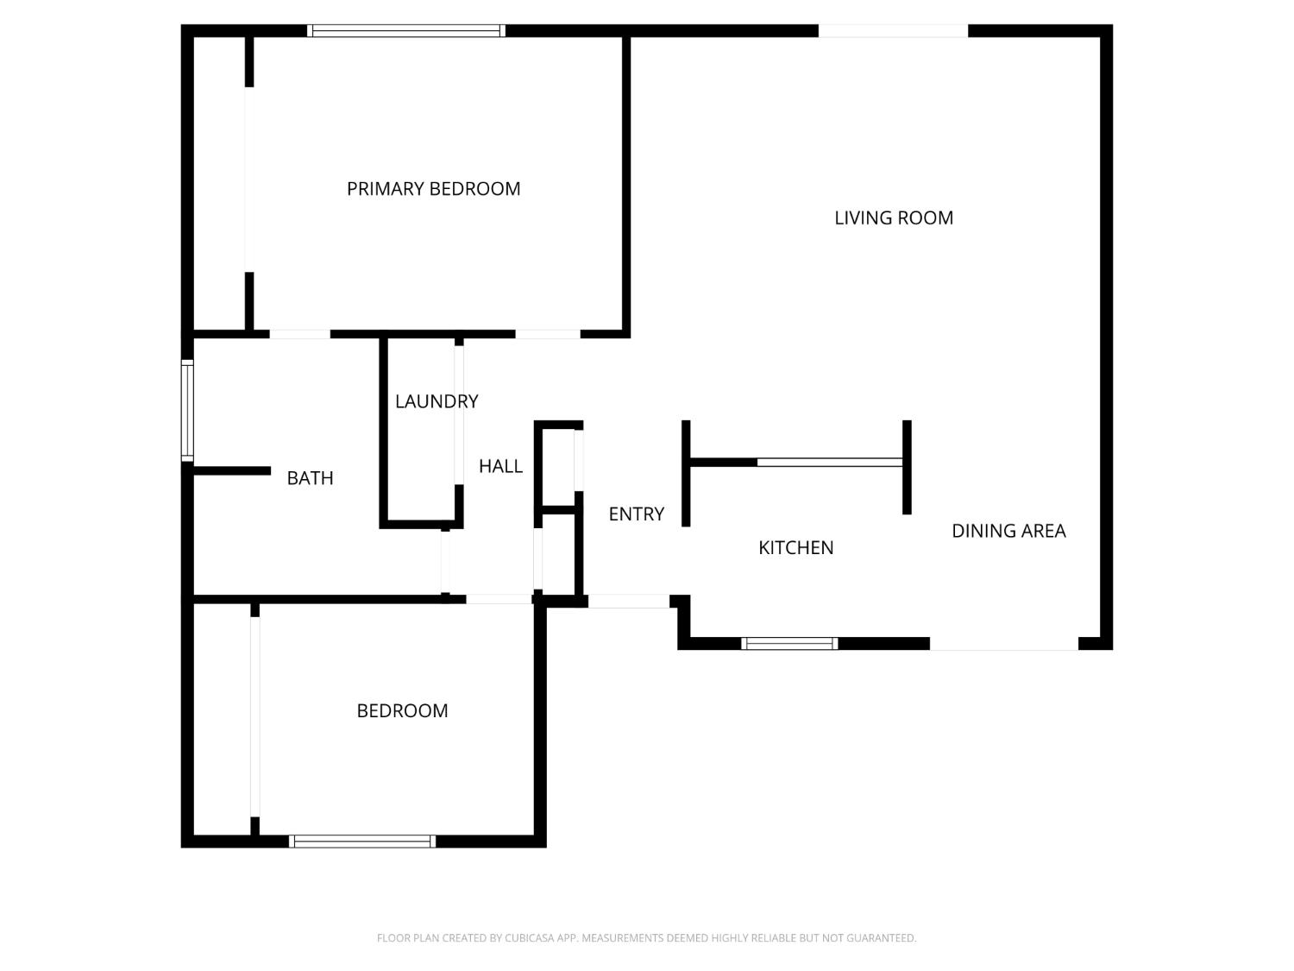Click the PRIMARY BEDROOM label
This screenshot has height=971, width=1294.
tap(433, 189)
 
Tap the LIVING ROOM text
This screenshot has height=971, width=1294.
tap(894, 218)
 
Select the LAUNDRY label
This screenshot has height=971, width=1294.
tap(437, 401)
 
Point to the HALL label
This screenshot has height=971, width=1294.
tap(500, 466)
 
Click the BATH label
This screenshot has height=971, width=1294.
tap(310, 478)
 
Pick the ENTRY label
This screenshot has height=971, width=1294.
tap(636, 514)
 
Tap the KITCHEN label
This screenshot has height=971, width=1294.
tap(795, 548)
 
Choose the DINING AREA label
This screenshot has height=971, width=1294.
tap(1008, 531)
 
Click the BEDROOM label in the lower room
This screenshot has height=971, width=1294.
tap(402, 711)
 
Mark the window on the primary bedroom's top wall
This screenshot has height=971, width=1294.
tap(405, 31)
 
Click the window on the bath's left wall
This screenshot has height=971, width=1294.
tap(186, 411)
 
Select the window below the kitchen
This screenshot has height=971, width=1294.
tap(789, 643)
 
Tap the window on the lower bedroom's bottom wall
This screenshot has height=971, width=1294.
tap(361, 842)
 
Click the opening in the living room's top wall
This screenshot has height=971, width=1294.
tap(893, 31)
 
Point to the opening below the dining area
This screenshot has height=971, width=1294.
tap(1003, 644)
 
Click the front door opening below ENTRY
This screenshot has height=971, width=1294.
tap(628, 601)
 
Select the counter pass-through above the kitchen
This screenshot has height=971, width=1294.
tap(829, 463)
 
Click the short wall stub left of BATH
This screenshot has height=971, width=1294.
tap(231, 470)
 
